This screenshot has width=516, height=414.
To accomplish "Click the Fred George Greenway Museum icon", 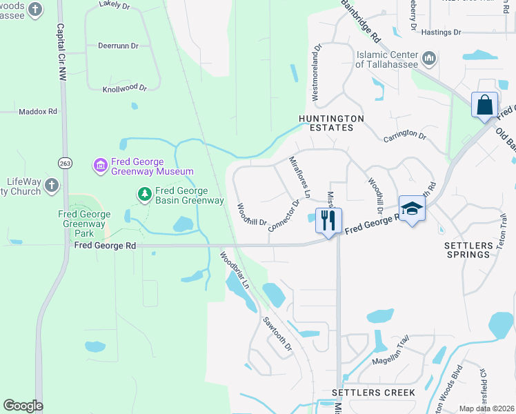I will click(100, 165).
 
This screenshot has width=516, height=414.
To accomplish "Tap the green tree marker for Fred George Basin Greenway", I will click(145, 195).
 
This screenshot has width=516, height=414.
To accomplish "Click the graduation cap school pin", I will click(411, 208).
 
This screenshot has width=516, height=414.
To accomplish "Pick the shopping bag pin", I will click(485, 106).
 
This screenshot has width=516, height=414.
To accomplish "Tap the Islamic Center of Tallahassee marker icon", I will click(429, 59).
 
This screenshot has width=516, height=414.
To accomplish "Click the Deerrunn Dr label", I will click(119, 46).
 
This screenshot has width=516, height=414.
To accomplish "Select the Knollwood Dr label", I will click(125, 88).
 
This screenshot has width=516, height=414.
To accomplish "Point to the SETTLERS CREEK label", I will click(373, 393).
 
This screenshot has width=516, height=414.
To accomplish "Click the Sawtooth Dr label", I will click(278, 333).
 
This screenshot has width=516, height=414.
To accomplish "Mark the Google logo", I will click(23, 406).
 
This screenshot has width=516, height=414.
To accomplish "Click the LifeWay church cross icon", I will click(51, 184).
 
